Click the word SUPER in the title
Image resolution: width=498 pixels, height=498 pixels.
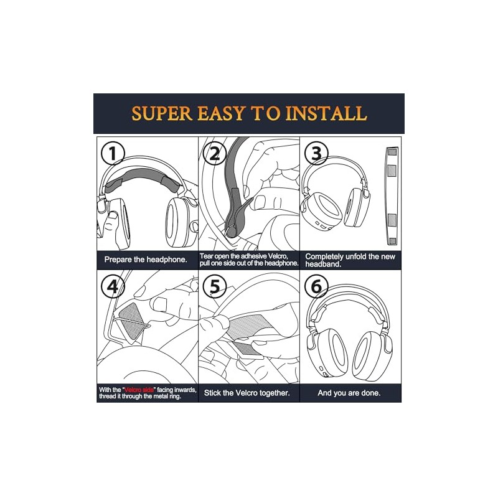coord(162,113)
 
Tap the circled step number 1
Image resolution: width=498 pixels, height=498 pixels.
coord(113,154)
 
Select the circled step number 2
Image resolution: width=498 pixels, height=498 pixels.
coord(214,154)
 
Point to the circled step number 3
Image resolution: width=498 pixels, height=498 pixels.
coord(316,154)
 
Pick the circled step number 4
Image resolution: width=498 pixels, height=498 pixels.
coord(113,286)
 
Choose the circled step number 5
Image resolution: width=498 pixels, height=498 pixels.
coord(214,286)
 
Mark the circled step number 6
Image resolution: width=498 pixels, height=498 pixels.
coord(316,286)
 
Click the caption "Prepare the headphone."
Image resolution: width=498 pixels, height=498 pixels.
coord(146,260)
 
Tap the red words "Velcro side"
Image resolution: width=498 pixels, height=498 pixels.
coord(139,390)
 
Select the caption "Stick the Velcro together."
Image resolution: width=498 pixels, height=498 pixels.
coord(247,393)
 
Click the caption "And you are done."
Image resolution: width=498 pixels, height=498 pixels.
coord(349,393)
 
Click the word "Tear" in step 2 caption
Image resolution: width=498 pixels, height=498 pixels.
coord(206,256)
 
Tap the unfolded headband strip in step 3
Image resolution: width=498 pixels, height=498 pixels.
coord(392,196)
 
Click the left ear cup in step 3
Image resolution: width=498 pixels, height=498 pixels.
coord(321,210)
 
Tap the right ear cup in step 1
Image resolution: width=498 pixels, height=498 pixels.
coord(178,222)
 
